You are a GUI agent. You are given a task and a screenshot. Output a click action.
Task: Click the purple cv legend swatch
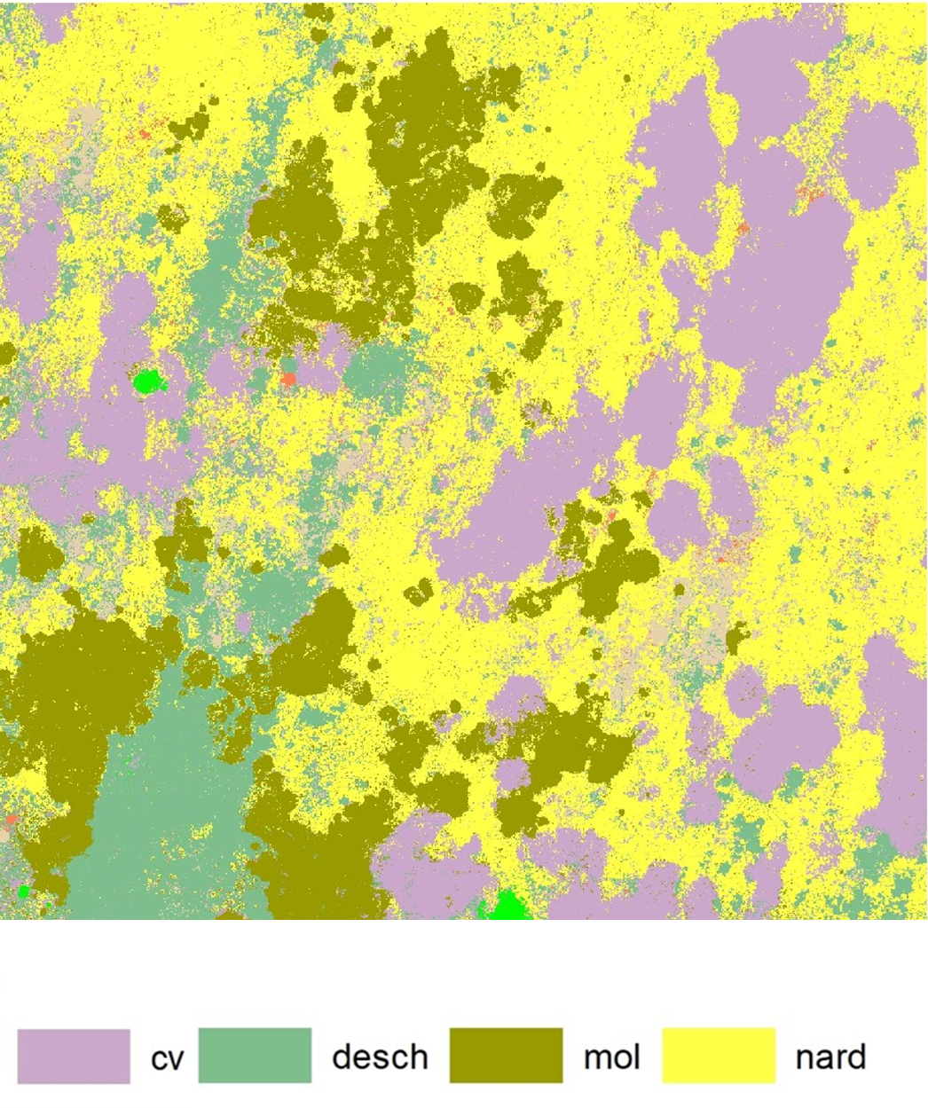click(74, 1056)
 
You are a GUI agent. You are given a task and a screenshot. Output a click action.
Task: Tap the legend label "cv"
click(167, 1058)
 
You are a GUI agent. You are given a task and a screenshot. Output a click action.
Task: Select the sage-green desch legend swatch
click(255, 1056)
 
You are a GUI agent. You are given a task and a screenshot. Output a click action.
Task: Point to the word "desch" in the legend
click(380, 1057)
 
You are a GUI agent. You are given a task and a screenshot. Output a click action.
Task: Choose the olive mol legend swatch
click(506, 1056)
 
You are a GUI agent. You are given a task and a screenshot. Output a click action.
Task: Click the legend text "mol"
click(611, 1057)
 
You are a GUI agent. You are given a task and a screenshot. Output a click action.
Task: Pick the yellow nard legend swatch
click(719, 1056)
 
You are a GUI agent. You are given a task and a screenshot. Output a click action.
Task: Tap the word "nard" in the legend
click(830, 1057)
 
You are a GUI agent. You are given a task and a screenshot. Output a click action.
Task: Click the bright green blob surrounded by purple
click(148, 382)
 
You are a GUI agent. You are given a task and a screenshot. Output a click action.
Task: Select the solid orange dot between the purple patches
click(288, 380)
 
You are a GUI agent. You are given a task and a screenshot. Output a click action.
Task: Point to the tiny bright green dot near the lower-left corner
click(24, 891)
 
